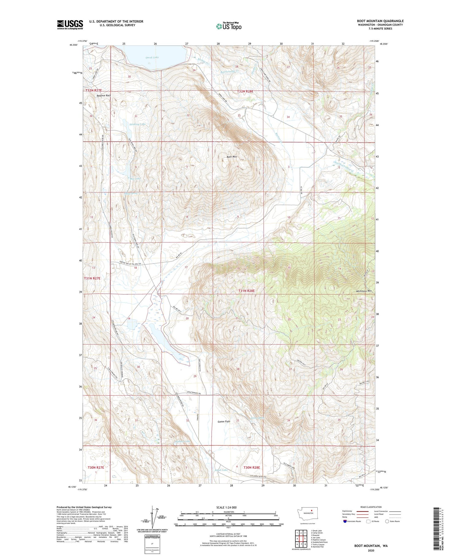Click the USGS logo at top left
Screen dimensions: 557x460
(x=70, y=25)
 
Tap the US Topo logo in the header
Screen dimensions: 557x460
(x=228, y=26)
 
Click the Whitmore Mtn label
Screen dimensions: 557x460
(x=364, y=291)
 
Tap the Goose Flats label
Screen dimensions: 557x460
(x=224, y=421)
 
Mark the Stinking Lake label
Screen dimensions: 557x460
(x=137, y=124)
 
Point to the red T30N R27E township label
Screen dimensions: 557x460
(x=96, y=467)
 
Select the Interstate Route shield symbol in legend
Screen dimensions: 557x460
(x=345, y=521)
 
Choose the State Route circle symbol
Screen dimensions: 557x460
(x=387, y=521)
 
